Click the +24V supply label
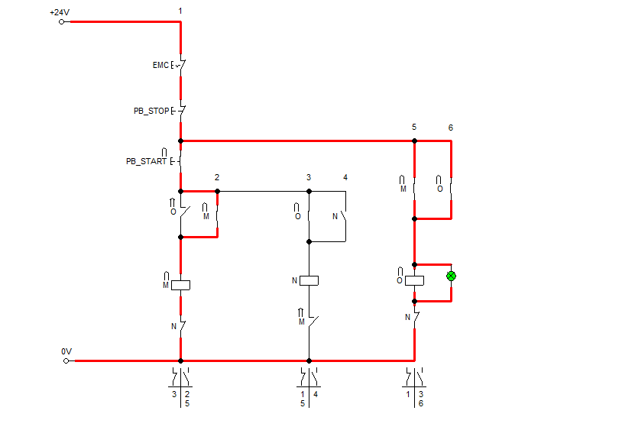58,13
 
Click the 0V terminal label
66,351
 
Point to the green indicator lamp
451,276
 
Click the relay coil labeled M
180,285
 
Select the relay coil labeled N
309,280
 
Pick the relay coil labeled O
414,280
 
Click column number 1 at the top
180,11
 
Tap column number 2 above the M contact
217,177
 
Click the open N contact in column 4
345,216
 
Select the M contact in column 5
414,187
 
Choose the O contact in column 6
451,187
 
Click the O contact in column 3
309,216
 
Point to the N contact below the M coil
180,326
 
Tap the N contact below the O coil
414,317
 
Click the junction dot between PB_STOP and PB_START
180,141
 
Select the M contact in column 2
217,215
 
